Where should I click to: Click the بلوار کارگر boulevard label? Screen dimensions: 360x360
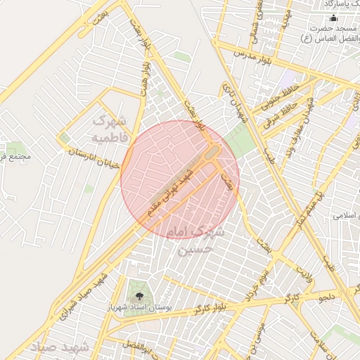click(193, 309)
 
